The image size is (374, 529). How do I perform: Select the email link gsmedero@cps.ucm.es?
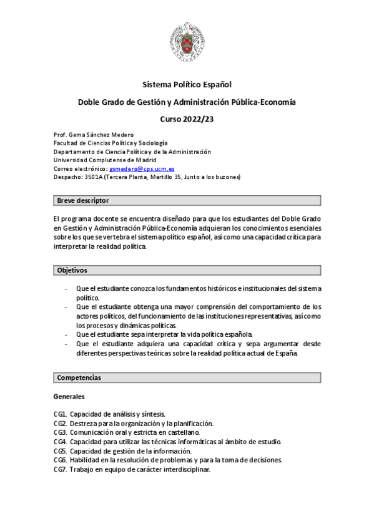pos(142,169)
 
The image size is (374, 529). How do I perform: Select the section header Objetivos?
pos(72,271)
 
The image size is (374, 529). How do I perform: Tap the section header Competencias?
pos(79,377)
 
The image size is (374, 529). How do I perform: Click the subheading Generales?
pos(69,397)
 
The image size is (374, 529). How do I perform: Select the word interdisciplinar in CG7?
pos(187,470)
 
